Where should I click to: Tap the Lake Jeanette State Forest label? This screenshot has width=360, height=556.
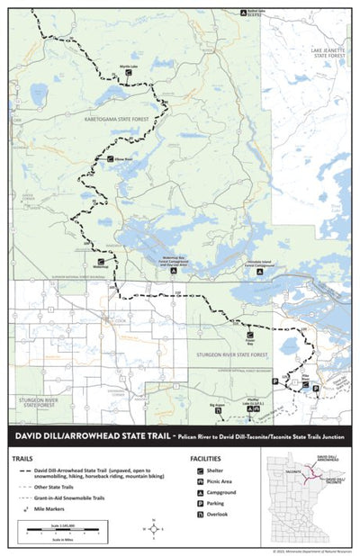(326, 54)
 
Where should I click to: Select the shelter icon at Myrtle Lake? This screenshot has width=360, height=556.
(129, 76)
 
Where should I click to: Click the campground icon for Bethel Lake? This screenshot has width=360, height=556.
(245, 13)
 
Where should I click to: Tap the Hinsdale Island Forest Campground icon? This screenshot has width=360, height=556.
(259, 271)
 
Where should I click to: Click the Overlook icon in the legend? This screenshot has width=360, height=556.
(195, 516)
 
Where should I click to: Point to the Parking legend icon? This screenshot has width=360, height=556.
(195, 504)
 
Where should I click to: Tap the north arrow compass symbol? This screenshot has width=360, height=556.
(147, 529)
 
